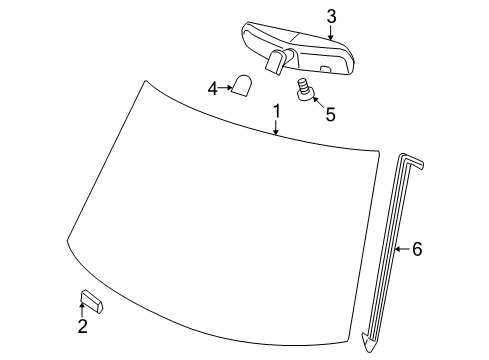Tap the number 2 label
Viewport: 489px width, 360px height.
coord(83,325)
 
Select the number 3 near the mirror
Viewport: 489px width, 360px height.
coord(331,16)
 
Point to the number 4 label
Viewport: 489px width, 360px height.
coord(212,89)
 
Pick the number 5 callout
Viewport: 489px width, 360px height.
coord(330,114)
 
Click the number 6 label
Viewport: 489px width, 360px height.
coord(417,249)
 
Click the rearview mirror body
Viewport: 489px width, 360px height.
coord(300,50)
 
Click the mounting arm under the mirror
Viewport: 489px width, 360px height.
coord(277,63)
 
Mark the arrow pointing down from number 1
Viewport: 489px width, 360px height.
coord(276,127)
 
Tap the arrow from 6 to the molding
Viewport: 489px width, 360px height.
coord(402,249)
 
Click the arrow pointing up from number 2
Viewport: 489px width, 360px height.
coord(83,310)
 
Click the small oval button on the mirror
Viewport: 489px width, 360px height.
coord(326,68)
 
